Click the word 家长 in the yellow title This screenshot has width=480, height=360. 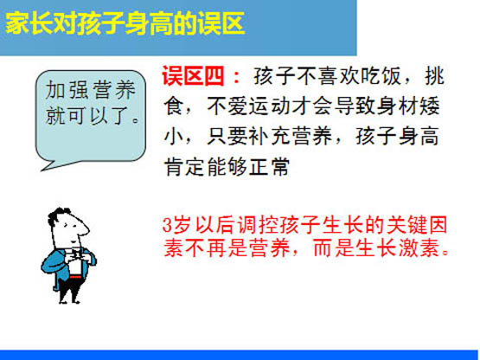29,24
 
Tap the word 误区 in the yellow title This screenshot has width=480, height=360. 221,24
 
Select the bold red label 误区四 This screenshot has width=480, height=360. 194,75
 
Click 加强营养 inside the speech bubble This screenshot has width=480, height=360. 91,90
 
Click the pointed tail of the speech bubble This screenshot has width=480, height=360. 42,170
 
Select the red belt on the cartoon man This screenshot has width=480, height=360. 75,277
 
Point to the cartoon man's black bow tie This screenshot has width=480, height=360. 76,253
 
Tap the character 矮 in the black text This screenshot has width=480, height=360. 430,106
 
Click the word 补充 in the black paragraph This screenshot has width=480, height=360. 269,136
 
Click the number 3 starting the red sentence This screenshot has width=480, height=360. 167,225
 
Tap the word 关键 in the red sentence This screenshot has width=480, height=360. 406,225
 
